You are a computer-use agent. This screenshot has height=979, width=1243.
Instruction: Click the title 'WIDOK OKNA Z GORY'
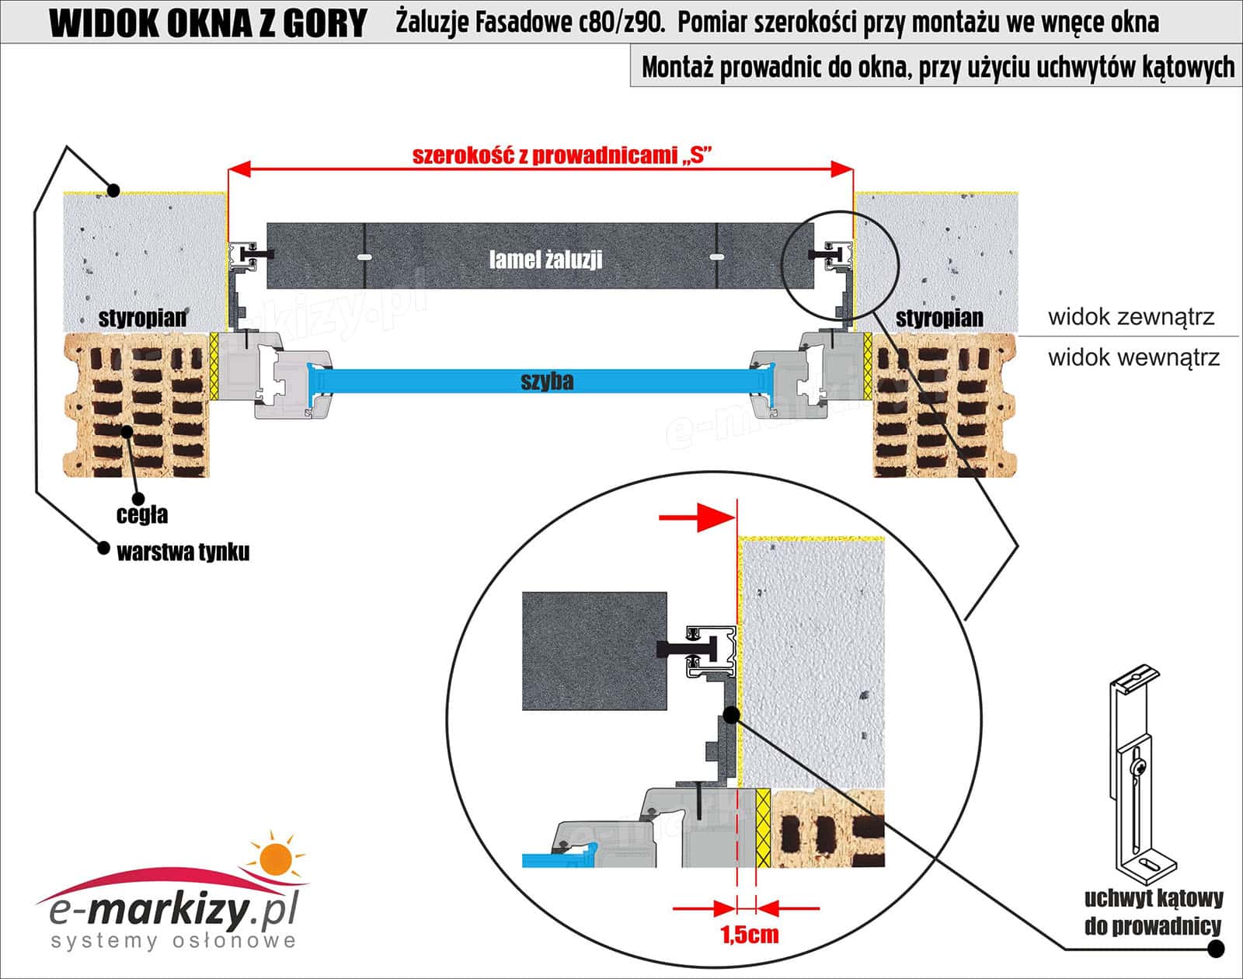pyautogui.click(x=208, y=23)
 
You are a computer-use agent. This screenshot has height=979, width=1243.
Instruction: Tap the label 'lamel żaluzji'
pyautogui.click(x=545, y=259)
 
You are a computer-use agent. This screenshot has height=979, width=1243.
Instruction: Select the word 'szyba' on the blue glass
pyautogui.click(x=547, y=381)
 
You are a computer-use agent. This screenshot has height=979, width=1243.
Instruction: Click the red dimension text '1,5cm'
pyautogui.click(x=750, y=933)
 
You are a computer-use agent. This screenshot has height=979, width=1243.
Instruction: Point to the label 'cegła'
pyautogui.click(x=142, y=514)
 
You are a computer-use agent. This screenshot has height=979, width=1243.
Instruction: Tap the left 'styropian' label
pyautogui.click(x=142, y=318)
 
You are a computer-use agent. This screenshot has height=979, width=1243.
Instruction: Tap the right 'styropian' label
pyautogui.click(x=939, y=318)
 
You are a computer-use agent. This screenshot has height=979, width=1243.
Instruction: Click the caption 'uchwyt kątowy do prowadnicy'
pyautogui.click(x=1153, y=912)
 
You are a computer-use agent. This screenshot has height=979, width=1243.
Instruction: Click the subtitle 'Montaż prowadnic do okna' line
pyautogui.click(x=937, y=68)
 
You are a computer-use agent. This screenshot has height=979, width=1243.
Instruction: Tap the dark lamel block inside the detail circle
pyautogui.click(x=594, y=651)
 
